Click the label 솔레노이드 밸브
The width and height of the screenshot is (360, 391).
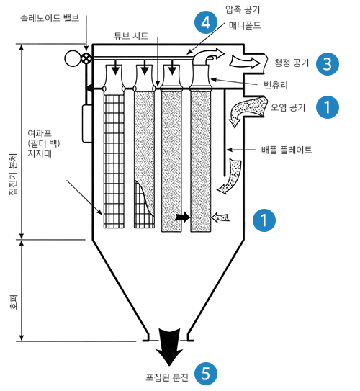tap(50, 18)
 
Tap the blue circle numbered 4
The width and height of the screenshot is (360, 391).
tap(206, 22)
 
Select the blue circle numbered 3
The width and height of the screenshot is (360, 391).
tap(328, 64)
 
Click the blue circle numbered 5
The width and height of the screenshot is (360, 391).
tap(206, 374)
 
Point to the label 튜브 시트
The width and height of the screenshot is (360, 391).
tap(131, 36)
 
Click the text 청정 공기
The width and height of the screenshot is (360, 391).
tap(292, 63)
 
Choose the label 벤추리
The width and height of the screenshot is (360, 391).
tap(276, 85)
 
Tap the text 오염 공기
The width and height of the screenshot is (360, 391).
tap(288, 107)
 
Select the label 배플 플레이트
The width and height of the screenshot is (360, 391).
tap(287, 150)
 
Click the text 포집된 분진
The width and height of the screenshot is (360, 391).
tap(167, 377)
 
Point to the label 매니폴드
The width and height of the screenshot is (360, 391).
tap(245, 25)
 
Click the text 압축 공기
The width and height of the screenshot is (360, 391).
tap(243, 9)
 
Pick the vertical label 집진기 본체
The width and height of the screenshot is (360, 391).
tap(13, 174)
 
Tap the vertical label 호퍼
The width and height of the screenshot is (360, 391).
tap(14, 302)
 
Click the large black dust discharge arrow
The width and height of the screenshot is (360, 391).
tap(169, 347)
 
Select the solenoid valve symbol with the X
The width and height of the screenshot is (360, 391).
tap(86, 59)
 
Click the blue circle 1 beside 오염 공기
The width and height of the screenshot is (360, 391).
tap(328, 107)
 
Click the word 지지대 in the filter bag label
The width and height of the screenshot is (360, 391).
tap(40, 153)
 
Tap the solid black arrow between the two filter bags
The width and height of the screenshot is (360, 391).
tap(182, 217)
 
